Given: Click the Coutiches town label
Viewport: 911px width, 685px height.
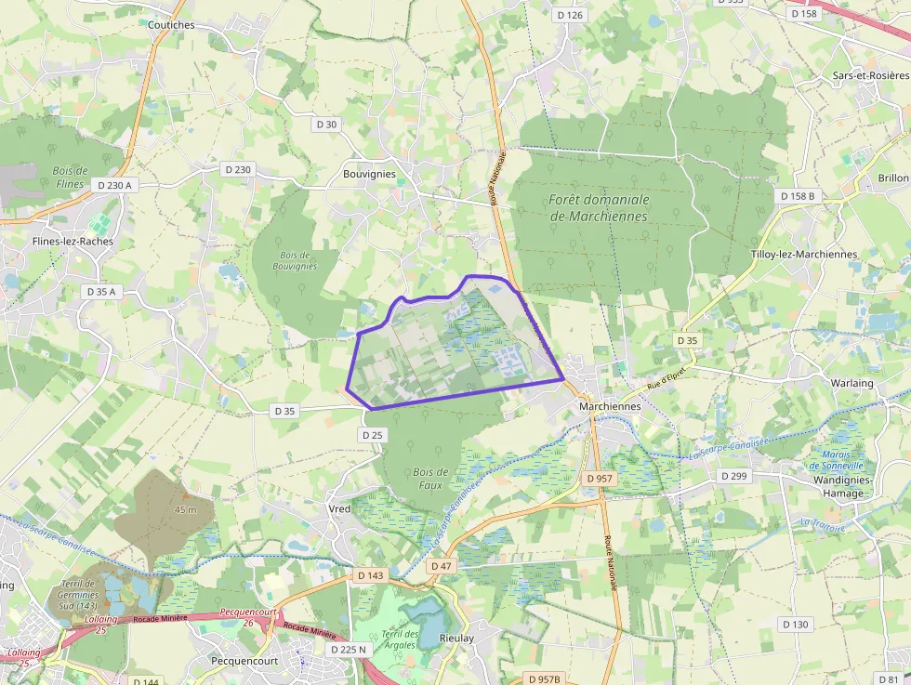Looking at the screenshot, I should point(171,25).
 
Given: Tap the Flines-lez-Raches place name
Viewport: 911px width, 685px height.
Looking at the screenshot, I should point(73,242).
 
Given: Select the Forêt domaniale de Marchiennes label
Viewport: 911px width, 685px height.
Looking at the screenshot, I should point(599,208).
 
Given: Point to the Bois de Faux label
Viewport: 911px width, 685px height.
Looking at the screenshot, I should point(431,478).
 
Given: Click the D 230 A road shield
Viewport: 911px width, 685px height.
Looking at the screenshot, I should point(116,185).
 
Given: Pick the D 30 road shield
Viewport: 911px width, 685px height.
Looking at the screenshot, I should point(326,125).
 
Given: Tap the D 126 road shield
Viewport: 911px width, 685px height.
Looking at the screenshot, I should point(569,15).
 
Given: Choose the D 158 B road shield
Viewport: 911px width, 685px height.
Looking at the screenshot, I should point(798,196).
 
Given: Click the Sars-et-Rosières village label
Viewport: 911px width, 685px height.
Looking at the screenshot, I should point(870,75).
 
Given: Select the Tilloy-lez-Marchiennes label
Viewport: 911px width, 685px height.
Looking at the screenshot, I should point(803,254).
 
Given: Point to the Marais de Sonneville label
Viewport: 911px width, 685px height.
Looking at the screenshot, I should point(843,460).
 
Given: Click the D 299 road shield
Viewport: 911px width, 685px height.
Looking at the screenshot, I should point(733,476).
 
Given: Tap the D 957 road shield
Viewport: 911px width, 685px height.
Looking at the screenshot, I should point(601,478).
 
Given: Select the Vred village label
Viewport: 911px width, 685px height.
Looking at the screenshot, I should point(339,509).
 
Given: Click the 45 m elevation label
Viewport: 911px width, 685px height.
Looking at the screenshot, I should point(185,509).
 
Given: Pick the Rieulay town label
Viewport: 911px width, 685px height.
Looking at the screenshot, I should point(455,639).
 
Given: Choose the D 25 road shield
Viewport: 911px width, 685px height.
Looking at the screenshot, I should point(372,435).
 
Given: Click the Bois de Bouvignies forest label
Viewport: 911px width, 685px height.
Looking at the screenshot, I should point(297,260).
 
